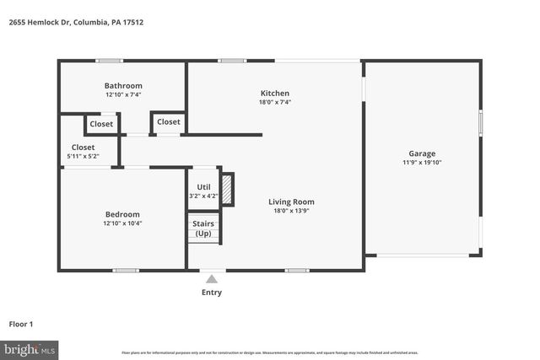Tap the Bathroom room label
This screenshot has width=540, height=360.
pyautogui.click(x=123, y=86)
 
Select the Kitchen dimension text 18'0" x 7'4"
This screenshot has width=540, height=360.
pyautogui.click(x=275, y=102)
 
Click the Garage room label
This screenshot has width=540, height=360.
pyautogui.click(x=422, y=153)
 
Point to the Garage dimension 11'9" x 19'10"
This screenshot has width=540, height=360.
pyautogui.click(x=422, y=163)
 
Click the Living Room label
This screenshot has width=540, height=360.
pyautogui.click(x=291, y=201)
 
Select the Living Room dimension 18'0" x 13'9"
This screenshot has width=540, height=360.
pyautogui.click(x=291, y=211)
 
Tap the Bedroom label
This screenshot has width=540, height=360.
pyautogui.click(x=122, y=214)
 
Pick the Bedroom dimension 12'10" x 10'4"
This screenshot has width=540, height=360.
pyautogui.click(x=122, y=223)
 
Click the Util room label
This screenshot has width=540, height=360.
pyautogui.click(x=203, y=186)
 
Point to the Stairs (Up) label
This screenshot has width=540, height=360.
pyautogui.click(x=204, y=228)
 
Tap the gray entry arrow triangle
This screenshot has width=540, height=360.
pyautogui.click(x=212, y=278)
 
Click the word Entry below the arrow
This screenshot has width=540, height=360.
pyautogui.click(x=212, y=293)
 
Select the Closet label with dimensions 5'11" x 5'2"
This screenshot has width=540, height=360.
pyautogui.click(x=83, y=148)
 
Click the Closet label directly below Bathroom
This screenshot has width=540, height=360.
pyautogui.click(x=101, y=124)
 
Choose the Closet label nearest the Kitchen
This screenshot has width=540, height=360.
pyautogui.click(x=169, y=122)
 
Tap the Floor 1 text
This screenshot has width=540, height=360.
pyautogui.click(x=22, y=324)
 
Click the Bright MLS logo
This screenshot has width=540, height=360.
pyautogui.click(x=30, y=348)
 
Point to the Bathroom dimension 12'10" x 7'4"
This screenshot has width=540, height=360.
pyautogui.click(x=123, y=95)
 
